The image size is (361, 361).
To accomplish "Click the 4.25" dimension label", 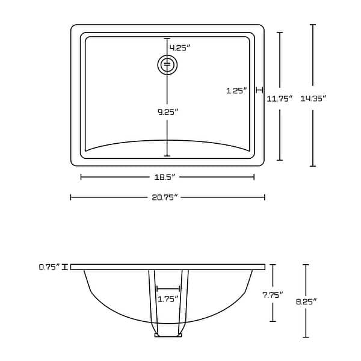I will (180, 48).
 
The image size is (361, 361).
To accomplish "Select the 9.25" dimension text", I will (168, 111).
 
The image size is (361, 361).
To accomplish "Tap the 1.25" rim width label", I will (237, 91).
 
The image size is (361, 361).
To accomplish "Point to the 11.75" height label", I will (280, 98).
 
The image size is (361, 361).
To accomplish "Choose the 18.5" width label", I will (168, 177).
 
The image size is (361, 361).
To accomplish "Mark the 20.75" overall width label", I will (168, 197).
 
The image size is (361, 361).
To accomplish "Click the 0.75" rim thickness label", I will (49, 267).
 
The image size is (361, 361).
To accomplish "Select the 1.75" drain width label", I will (168, 298).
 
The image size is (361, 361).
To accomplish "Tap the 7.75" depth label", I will (273, 295).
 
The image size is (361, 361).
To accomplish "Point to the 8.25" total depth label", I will (306, 301).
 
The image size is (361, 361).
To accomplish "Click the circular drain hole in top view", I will (168, 64).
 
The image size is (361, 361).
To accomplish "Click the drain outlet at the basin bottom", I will (168, 335).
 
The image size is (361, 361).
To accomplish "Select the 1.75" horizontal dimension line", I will (168, 289).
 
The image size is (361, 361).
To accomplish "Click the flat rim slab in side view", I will (168, 267).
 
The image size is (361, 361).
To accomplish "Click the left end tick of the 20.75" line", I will (71, 197).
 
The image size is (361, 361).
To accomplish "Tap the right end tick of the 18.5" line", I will (254, 177).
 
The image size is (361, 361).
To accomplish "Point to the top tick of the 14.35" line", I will (312, 25).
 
